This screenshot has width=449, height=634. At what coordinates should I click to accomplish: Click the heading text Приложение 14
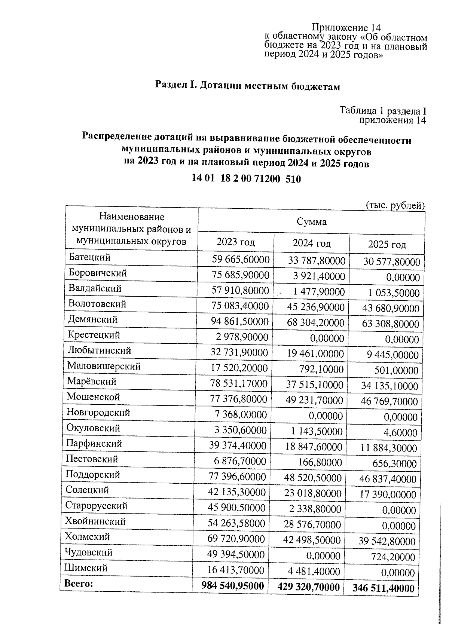pyautogui.click(x=346, y=28)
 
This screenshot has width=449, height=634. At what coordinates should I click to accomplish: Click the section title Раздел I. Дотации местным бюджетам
pyautogui.click(x=248, y=86)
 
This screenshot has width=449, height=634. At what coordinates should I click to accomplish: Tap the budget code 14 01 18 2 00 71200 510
pyautogui.click(x=246, y=178)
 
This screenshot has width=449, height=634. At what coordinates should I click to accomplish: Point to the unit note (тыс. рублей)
pyautogui.click(x=395, y=205)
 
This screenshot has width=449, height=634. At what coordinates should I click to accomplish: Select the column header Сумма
pyautogui.click(x=311, y=222)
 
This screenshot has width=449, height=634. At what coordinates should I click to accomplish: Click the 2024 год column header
pyautogui.click(x=311, y=244)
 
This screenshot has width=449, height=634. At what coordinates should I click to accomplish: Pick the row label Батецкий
pyautogui.click(x=89, y=257)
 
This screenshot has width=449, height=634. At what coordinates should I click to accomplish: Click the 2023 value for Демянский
pyautogui.click(x=239, y=322)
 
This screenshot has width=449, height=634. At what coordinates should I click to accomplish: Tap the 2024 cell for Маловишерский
pyautogui.click(x=321, y=370)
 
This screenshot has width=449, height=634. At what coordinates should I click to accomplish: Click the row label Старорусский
pyautogui.click(x=96, y=506)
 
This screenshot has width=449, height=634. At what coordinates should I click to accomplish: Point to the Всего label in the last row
pyautogui.click(x=79, y=583)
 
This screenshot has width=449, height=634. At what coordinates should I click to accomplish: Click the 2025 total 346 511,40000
pyautogui.click(x=383, y=588)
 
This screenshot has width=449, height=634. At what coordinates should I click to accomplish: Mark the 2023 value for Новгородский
pyautogui.click(x=241, y=414)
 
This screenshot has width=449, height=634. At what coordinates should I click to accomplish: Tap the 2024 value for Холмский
pyautogui.click(x=312, y=540)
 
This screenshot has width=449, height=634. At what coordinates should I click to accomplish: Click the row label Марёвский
pyautogui.click(x=92, y=381)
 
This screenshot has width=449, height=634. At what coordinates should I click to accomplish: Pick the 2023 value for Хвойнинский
pyautogui.click(x=236, y=523)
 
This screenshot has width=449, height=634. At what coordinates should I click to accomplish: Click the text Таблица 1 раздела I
pyautogui.click(x=383, y=111)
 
